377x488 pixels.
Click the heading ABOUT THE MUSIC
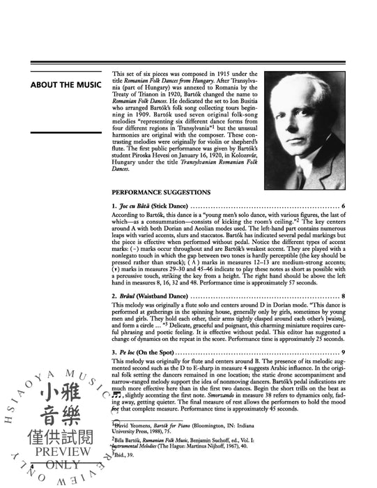coord(68,85)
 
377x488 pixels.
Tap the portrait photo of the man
coord(305,121)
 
